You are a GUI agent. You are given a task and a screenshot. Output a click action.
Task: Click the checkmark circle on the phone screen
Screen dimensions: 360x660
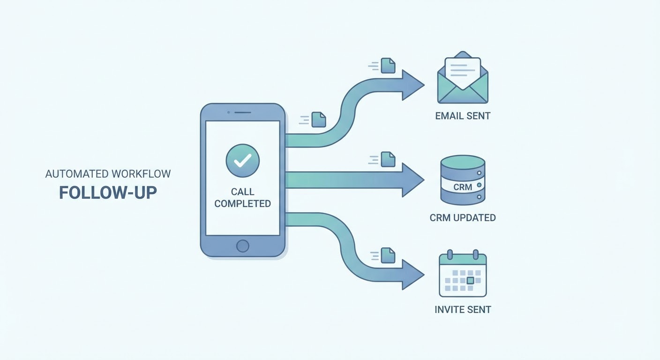coord(242,160)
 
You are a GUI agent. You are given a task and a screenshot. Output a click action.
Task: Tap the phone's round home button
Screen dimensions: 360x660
coord(242,246)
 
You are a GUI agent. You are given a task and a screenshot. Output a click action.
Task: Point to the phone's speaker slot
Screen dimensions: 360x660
coord(242,112)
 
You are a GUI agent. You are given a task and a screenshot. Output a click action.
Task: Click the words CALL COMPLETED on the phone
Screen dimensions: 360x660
coord(242,198)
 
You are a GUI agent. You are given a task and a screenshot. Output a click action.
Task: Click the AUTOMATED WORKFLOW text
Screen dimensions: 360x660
coord(108,174)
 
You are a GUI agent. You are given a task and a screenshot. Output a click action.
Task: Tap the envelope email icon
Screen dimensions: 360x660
coord(463,79)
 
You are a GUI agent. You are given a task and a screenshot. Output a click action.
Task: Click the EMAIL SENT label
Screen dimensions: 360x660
coord(463,116)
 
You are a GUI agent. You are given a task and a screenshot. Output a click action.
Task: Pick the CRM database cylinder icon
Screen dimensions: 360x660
coord(463,180)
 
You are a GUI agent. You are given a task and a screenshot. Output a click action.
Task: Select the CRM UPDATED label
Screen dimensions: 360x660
coord(463,217)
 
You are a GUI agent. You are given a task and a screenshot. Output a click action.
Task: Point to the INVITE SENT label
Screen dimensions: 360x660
coord(463,309)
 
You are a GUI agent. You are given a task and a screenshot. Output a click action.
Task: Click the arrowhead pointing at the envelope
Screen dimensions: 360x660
coord(412,85)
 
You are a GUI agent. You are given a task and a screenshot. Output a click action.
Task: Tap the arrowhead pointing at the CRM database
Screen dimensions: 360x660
coord(412,180)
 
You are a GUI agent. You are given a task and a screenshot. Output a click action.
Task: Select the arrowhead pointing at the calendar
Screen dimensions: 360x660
coord(412,274)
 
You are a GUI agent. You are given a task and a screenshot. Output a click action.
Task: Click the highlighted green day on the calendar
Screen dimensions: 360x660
coord(471,280)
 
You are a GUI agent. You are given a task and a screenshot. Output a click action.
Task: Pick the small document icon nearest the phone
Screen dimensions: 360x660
coord(319,120)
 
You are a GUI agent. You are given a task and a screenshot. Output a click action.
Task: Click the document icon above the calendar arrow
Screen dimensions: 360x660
coord(388,255)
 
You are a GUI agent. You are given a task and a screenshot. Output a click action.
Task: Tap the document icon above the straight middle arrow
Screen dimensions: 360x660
coord(388,159)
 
